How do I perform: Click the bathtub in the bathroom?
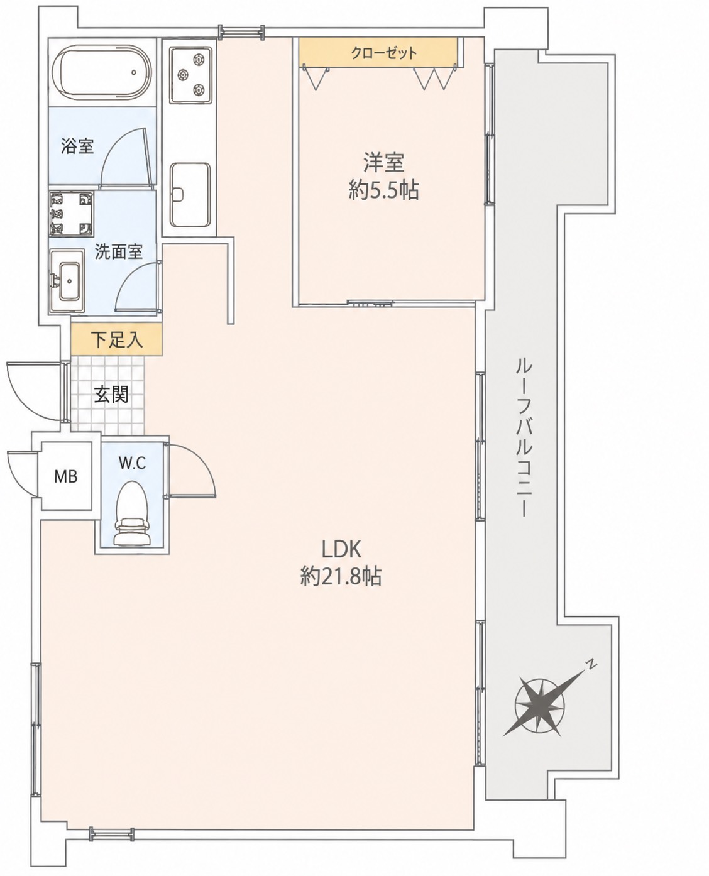coord(102,72)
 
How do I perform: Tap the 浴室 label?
coord(77,146)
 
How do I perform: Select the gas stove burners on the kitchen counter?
coord(192,75)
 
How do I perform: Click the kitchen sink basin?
coord(191,195)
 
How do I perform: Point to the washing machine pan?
coord(72,214)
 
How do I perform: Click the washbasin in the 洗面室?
coord(68,281)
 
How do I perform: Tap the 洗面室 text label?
coord(118,252)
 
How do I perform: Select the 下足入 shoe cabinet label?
coord(117,340)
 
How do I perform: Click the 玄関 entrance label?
coord(111,395)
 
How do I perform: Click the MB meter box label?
coord(66,477)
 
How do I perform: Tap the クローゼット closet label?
coord(384,52)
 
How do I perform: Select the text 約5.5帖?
coord(383,191)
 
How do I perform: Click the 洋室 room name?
coord(383,163)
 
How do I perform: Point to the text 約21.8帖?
coord(341,576)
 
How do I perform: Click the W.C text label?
coord(132,463)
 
